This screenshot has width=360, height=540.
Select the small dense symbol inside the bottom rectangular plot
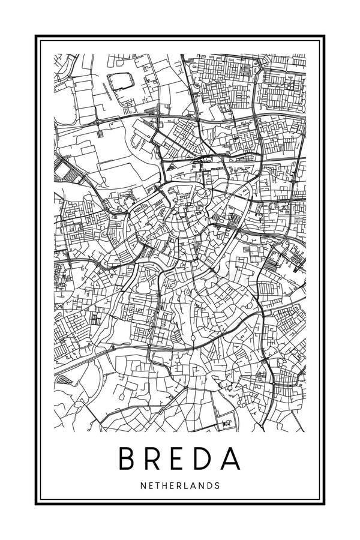(x=227, y=424)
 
